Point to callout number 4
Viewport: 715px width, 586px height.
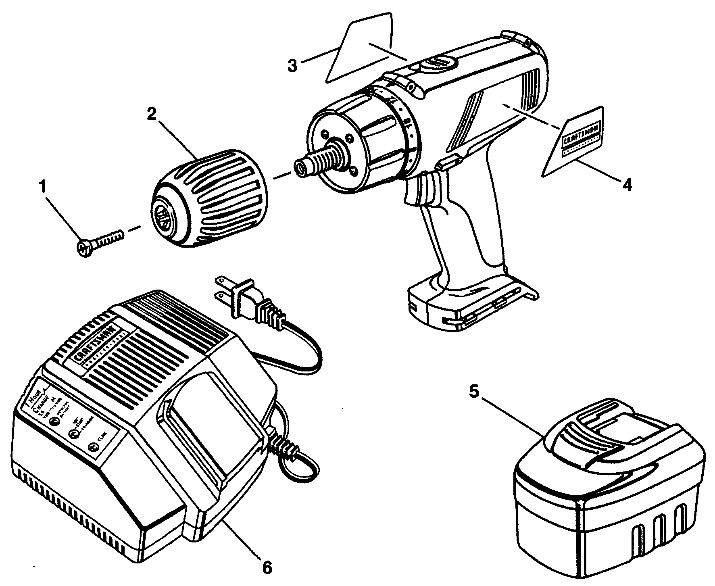point(627,185)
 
